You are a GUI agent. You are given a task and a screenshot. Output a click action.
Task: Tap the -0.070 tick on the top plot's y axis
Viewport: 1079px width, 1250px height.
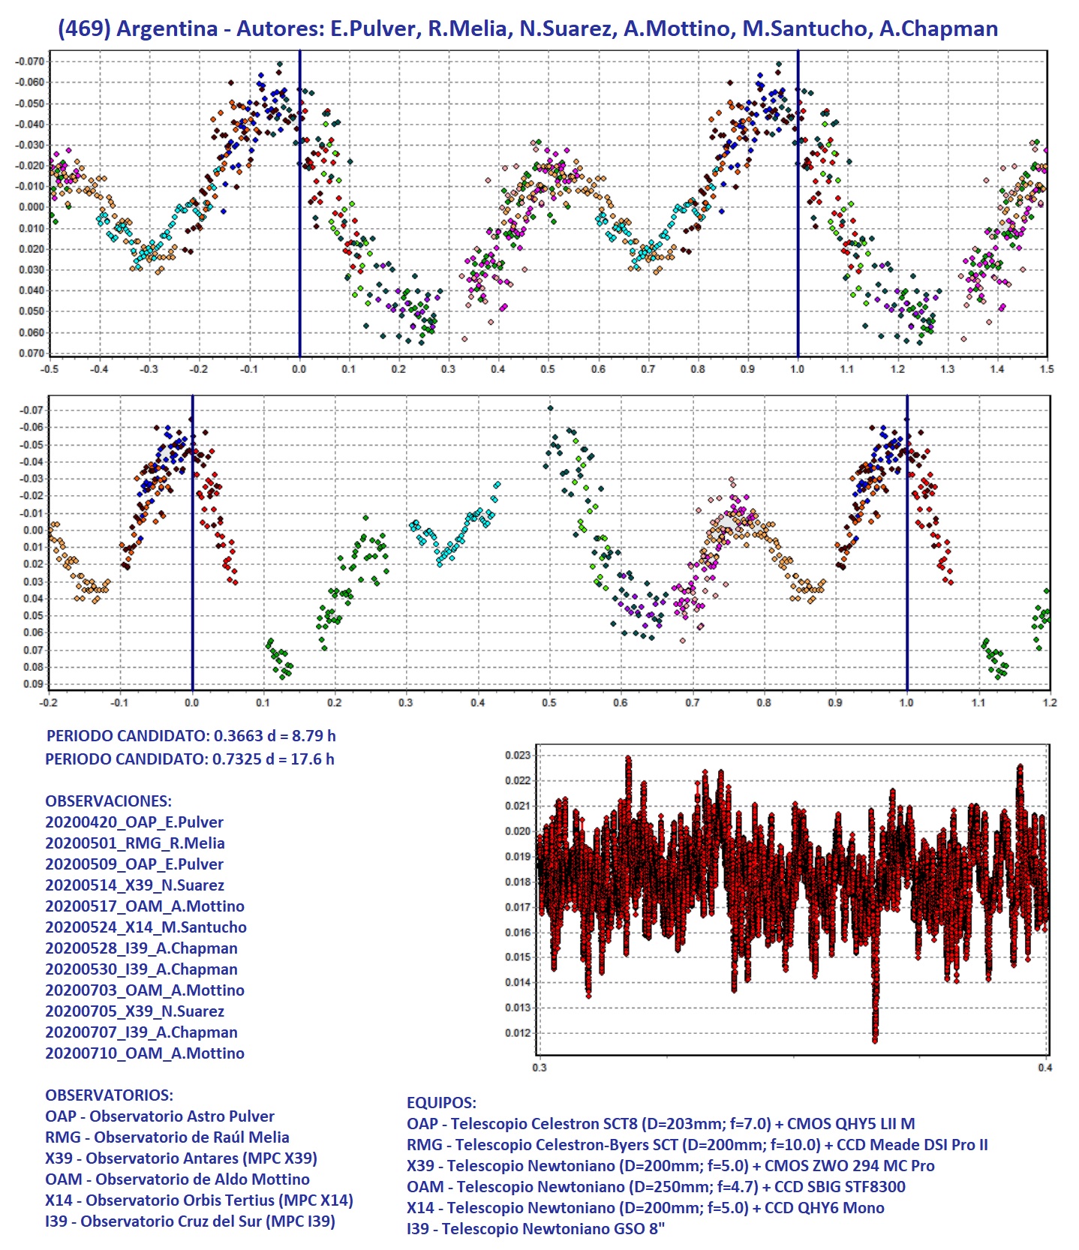[x=30, y=62]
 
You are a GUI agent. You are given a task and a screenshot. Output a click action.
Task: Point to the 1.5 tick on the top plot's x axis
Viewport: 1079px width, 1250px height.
[x=1047, y=369]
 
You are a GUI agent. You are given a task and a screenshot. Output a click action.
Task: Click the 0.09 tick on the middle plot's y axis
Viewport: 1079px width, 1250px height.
[x=33, y=684]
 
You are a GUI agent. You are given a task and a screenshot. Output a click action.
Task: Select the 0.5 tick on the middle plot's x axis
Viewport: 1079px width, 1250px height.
[x=549, y=703]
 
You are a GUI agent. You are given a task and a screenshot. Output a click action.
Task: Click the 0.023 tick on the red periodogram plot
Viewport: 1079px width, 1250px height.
[x=518, y=756]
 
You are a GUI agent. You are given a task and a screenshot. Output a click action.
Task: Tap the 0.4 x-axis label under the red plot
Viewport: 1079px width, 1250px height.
[x=1044, y=1068]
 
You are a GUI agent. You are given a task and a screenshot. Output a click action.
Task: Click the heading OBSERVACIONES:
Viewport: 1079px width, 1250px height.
[x=108, y=801]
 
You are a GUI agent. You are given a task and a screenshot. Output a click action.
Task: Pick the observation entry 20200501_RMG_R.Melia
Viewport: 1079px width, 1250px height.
[x=135, y=843]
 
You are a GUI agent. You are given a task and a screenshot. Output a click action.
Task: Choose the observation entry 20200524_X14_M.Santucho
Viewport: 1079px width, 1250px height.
[x=146, y=927]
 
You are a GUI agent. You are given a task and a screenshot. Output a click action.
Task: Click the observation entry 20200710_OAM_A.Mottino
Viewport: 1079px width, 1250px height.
[x=145, y=1053]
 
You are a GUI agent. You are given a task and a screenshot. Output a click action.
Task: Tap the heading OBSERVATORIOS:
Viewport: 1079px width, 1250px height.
[x=109, y=1095]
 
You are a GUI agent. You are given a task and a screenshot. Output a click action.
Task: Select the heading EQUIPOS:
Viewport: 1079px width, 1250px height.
[x=441, y=1103]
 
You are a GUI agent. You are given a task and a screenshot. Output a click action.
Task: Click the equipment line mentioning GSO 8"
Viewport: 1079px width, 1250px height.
[x=536, y=1229]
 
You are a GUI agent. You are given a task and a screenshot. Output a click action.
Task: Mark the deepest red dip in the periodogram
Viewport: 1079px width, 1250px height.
[x=875, y=1038]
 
